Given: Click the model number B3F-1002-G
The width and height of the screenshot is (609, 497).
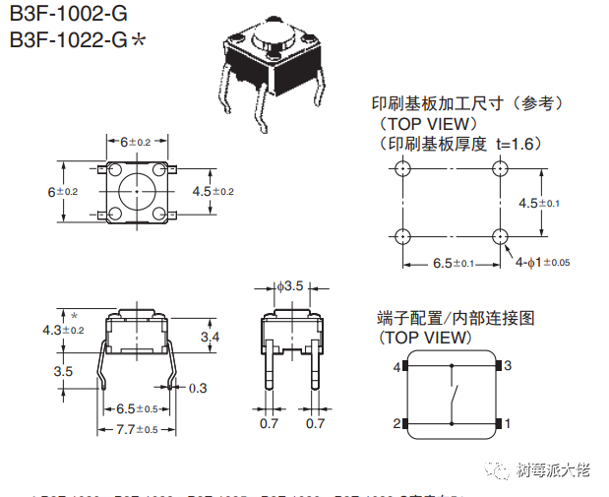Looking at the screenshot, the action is [69, 16].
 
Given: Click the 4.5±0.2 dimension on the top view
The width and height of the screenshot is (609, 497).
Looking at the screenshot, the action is [213, 190].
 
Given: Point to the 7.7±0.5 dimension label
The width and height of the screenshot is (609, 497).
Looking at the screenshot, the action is [137, 429].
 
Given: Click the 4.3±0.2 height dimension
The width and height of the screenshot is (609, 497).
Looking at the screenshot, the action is [64, 330].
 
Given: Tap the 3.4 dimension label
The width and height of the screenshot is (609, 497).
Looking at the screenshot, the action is [210, 338].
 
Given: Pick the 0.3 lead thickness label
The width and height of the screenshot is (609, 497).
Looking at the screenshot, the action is [198, 388].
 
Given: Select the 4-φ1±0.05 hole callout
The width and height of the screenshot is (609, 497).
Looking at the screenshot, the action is [543, 262].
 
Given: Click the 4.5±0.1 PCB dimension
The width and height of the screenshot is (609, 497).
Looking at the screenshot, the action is [539, 203].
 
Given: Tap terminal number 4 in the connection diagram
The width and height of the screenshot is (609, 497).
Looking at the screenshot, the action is [397, 367].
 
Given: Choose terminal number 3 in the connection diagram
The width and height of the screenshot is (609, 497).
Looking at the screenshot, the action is [509, 365].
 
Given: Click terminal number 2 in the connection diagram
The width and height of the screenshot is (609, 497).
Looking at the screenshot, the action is [397, 423].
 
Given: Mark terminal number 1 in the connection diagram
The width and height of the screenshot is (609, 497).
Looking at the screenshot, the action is [509, 423].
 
